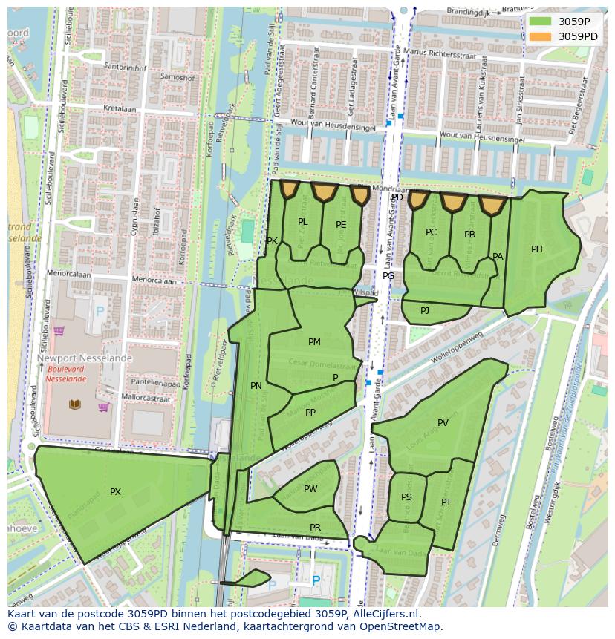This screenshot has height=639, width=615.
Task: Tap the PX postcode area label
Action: pyautogui.click(x=115, y=492)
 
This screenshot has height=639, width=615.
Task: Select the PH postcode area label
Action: pyautogui.click(x=536, y=249)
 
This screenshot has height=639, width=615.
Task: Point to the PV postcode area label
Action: pyautogui.click(x=443, y=423)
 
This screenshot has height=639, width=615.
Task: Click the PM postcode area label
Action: pyautogui.click(x=314, y=342)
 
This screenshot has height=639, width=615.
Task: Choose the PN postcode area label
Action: pyautogui.click(x=256, y=386)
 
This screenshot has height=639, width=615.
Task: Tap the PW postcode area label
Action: pyautogui.click(x=310, y=489)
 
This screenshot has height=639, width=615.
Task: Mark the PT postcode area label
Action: pyautogui.click(x=446, y=502)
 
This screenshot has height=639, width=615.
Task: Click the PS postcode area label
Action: pyautogui.click(x=406, y=497)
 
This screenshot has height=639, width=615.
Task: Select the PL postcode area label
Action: pyautogui.click(x=302, y=222)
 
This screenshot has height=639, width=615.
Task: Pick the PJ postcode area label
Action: pyautogui.click(x=425, y=310)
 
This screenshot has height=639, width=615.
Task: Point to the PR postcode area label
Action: pyautogui.click(x=315, y=528)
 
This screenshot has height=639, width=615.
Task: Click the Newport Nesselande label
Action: pyautogui.click(x=84, y=358)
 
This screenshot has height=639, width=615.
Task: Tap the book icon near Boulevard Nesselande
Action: pyautogui.click(x=75, y=404)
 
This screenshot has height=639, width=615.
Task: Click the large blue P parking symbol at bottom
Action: pyautogui.click(x=316, y=581)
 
